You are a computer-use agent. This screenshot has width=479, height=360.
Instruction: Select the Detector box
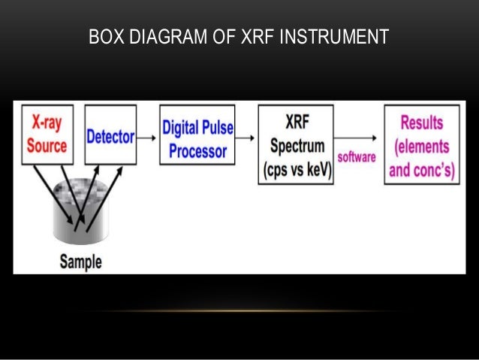coord(110,135)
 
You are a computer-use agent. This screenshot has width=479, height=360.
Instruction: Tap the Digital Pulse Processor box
coord(197,135)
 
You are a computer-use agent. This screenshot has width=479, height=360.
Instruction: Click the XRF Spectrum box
coord(296,144)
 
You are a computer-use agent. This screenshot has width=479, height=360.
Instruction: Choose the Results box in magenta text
coord(421,145)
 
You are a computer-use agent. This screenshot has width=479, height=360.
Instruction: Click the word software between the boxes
coord(356,157)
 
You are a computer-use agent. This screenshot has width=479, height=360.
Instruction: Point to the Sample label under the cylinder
coord(80,262)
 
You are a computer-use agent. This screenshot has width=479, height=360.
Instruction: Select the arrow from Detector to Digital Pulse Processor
coord(148,137)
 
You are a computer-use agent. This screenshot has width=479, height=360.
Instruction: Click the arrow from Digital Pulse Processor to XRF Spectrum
coord(246,137)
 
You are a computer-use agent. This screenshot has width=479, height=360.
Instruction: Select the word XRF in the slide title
coord(257,37)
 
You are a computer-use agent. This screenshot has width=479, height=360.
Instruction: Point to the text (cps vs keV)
coord(296,170)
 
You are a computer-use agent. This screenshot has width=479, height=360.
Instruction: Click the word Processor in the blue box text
coord(197,151)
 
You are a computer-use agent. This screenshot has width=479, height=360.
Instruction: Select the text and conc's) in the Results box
coord(421,170)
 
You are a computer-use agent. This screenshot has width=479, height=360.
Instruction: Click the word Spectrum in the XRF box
coord(296,146)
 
